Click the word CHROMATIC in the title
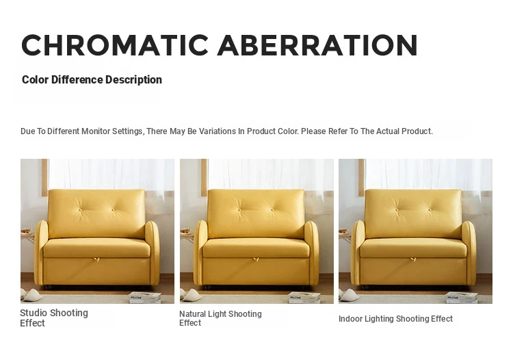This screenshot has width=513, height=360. (115, 45)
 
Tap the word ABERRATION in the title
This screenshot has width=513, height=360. (317, 45)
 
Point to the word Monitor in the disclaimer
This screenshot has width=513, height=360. (96, 131)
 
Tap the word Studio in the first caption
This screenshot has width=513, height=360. (34, 313)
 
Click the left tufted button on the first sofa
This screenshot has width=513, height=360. (81, 210)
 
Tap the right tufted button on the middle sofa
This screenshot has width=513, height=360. (272, 210)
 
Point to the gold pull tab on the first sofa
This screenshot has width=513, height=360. (96, 259)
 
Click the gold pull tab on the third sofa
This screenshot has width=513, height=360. (414, 259)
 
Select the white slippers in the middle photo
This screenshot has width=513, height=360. (192, 295)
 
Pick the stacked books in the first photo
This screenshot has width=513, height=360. (146, 298)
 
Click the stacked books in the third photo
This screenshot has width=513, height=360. (462, 298)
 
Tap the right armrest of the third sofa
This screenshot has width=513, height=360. (469, 252)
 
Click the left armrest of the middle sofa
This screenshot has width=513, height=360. (200, 253)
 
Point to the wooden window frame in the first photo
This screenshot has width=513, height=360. (45, 177)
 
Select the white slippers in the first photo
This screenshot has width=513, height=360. (31, 295)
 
